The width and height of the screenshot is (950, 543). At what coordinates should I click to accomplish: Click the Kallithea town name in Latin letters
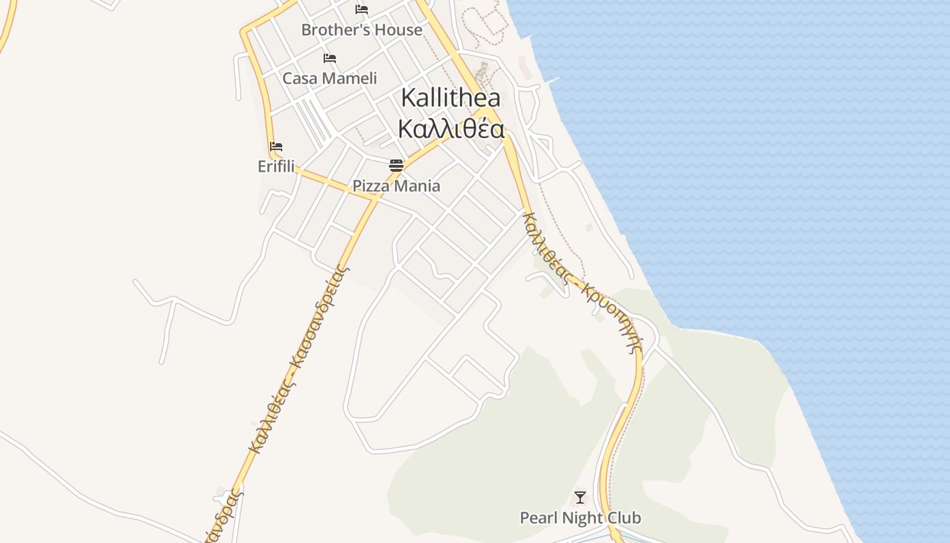pyautogui.click(x=451, y=98)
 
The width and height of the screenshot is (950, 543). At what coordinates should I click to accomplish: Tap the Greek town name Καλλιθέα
pyautogui.click(x=451, y=128)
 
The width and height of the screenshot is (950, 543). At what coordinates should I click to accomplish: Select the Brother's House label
pyautogui.click(x=362, y=30)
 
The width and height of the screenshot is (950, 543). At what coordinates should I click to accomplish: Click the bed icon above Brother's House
pyautogui.click(x=362, y=10)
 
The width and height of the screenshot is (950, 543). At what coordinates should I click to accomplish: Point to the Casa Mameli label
pyautogui.click(x=330, y=78)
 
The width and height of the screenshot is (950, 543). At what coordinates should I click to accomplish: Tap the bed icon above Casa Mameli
pyautogui.click(x=330, y=58)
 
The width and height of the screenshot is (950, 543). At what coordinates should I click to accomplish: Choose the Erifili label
pyautogui.click(x=276, y=166)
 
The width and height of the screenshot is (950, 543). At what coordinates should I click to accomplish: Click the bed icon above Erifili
pyautogui.click(x=276, y=147)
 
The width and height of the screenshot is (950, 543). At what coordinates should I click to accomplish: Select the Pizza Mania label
pyautogui.click(x=396, y=186)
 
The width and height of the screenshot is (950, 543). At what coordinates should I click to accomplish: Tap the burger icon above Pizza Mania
pyautogui.click(x=396, y=165)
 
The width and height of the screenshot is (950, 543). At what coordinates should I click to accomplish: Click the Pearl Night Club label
pyautogui.click(x=580, y=518)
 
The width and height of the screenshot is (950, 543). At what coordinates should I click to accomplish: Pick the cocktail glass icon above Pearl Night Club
pyautogui.click(x=580, y=498)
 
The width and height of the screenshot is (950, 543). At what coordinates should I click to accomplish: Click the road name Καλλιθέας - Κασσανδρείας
pyautogui.click(x=299, y=360)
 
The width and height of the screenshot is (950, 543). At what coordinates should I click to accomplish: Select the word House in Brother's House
pyautogui.click(x=401, y=30)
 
